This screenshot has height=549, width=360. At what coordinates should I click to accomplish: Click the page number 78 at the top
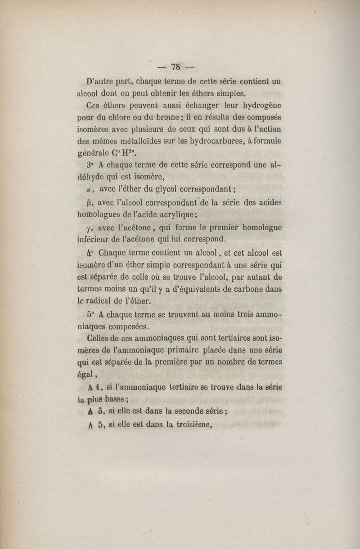[175, 67]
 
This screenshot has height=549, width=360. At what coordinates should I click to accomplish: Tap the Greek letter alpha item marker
[90, 189]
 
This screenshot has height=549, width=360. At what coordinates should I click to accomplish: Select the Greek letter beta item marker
[89, 202]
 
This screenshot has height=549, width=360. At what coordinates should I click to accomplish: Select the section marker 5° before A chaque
[90, 315]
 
